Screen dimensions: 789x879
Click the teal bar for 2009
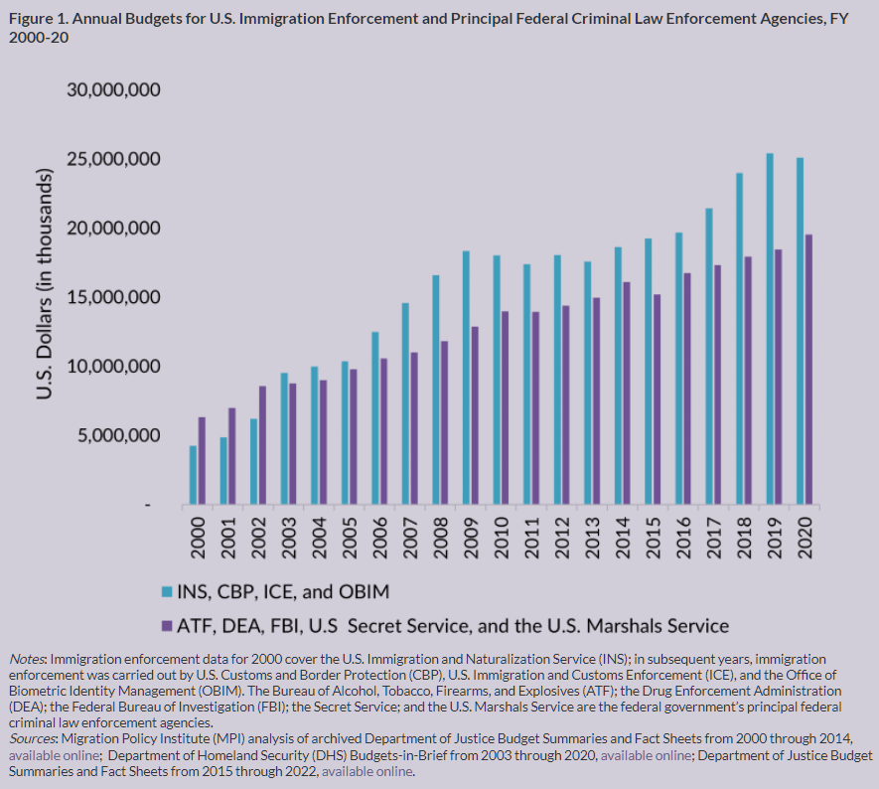click(465, 378)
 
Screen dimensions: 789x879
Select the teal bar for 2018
click(739, 339)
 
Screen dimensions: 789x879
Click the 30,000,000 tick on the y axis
click(113, 90)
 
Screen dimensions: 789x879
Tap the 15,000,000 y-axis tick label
click(113, 297)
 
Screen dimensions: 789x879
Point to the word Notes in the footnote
click(28, 659)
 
